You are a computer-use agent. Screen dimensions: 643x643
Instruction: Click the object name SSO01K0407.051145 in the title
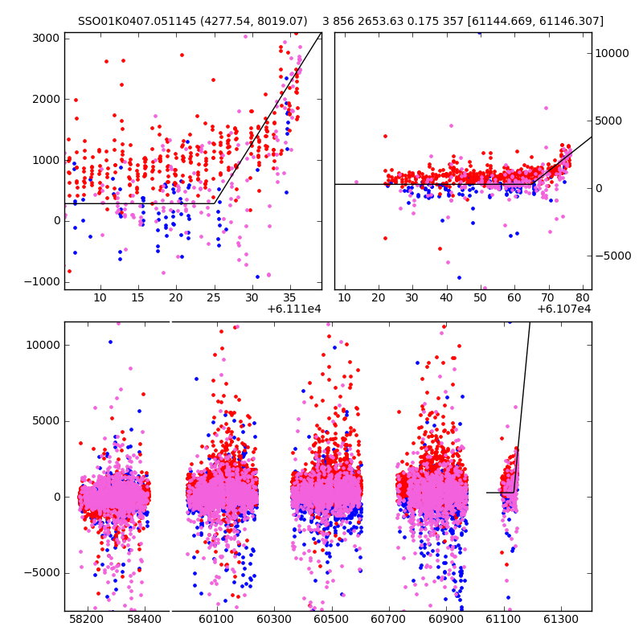click(x=138, y=21)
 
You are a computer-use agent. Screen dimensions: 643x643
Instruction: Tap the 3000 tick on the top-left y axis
click(x=46, y=39)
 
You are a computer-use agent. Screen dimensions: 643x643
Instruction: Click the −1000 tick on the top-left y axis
click(x=42, y=281)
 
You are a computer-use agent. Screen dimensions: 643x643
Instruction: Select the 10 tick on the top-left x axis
click(x=100, y=297)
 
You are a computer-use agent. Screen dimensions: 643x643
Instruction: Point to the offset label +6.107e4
click(x=564, y=309)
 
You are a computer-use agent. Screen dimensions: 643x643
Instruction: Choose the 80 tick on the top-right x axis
click(x=583, y=297)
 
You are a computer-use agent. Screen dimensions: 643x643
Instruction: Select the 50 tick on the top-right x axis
click(x=480, y=297)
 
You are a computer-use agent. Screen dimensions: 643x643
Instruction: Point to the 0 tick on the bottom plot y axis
click(x=55, y=497)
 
